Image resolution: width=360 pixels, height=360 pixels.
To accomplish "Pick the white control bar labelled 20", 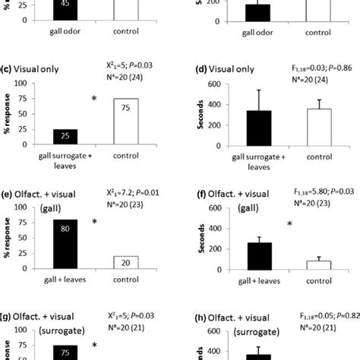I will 125,262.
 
